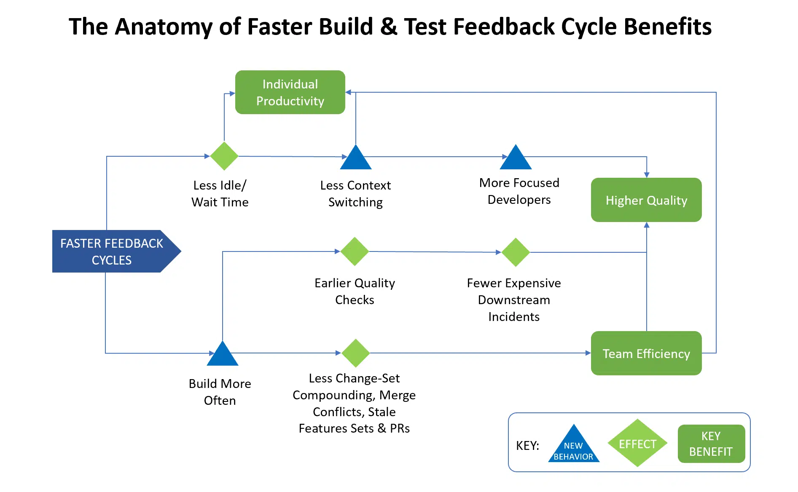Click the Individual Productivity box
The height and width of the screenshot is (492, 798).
tap(290, 92)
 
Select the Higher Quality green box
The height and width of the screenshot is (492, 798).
tap(646, 200)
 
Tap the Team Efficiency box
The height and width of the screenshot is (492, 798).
tap(646, 353)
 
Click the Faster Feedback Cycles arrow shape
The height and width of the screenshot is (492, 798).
tap(112, 251)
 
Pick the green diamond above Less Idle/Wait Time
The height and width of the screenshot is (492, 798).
tap(224, 156)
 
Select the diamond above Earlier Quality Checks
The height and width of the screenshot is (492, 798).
tap(355, 251)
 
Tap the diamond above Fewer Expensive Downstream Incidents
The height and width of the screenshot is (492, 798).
tap(515, 252)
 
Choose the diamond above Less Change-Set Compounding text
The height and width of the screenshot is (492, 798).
tap(355, 353)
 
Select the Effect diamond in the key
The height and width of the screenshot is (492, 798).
tap(637, 444)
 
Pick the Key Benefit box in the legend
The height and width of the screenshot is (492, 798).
tap(711, 444)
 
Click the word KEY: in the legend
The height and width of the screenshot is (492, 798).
tap(527, 446)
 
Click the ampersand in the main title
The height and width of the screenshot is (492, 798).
tap(389, 27)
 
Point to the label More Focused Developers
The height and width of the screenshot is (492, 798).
tap(519, 191)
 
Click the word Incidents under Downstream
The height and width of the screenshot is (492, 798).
tap(513, 317)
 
